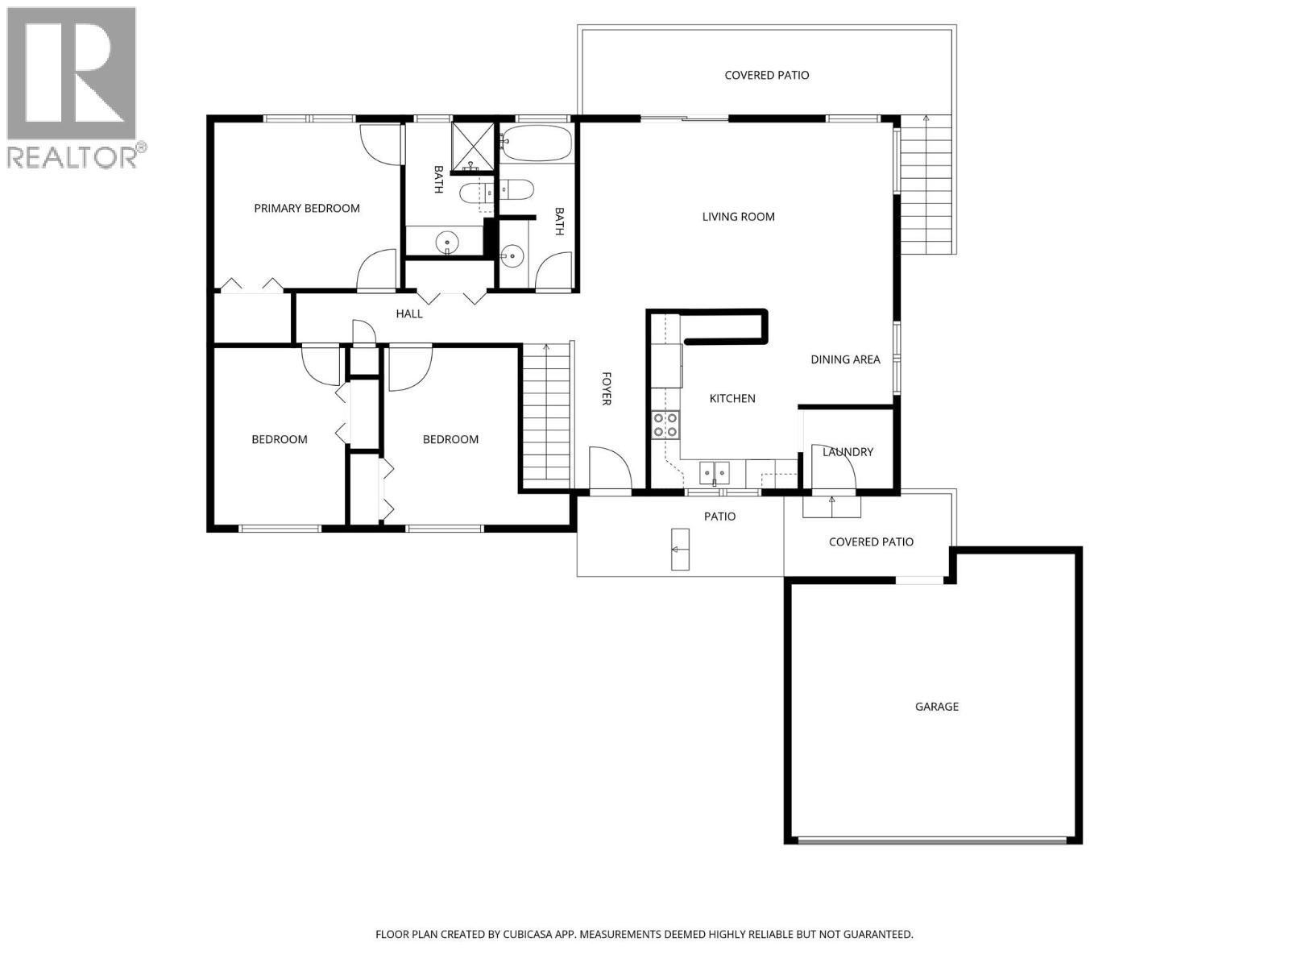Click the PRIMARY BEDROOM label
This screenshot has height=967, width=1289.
(306, 208)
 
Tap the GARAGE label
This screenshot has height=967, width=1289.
(936, 707)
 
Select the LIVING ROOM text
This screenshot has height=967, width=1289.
(738, 216)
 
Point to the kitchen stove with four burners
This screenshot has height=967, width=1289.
(665, 425)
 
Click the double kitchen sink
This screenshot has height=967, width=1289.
(714, 470)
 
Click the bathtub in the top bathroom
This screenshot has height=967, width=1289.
(537, 144)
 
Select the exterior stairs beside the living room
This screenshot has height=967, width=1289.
(926, 184)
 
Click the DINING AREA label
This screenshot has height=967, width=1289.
(845, 359)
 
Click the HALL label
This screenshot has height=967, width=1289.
(409, 313)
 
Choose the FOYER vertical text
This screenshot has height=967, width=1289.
(607, 388)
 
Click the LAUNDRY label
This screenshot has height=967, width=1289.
(848, 452)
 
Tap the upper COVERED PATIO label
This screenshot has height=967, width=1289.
(766, 75)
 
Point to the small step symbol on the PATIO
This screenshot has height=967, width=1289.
(680, 550)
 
